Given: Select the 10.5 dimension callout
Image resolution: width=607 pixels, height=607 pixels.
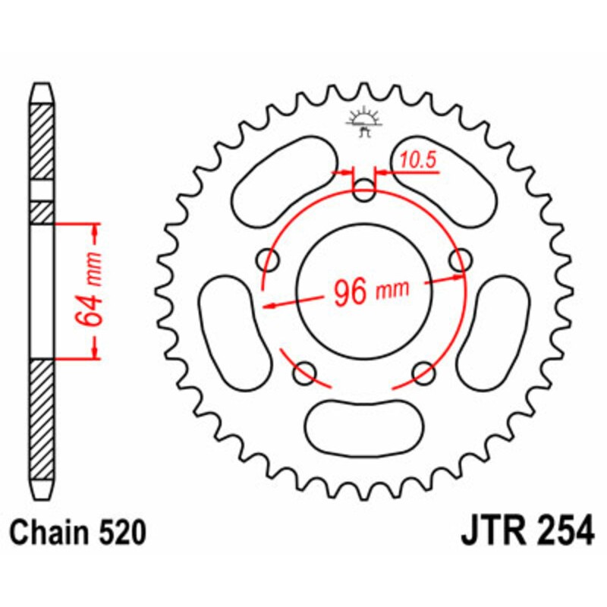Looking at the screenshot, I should click(x=415, y=160).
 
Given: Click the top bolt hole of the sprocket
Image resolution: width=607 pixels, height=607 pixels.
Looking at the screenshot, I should click(x=365, y=190).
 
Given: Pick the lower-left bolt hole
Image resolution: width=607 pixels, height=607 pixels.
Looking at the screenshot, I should click(x=305, y=372).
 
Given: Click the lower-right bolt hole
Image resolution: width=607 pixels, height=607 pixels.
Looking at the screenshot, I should click(x=425, y=372).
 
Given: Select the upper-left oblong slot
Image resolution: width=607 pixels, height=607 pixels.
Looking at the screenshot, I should click(x=282, y=181).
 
